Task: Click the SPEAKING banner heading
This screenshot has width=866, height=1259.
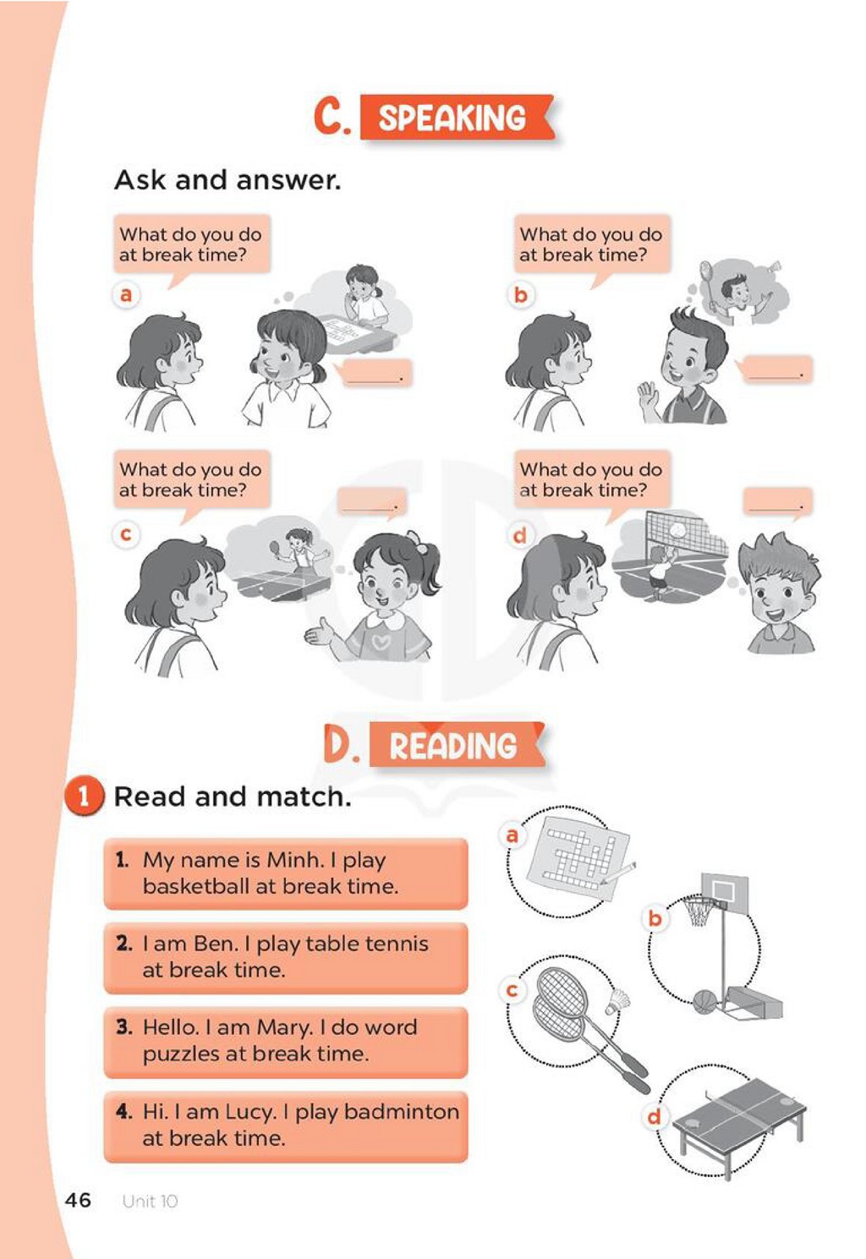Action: (x=457, y=117)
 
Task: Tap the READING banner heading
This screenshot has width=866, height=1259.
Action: (x=457, y=745)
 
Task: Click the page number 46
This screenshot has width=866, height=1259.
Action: (x=78, y=1200)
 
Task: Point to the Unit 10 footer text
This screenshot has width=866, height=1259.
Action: (x=150, y=1202)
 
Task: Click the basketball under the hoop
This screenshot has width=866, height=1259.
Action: (x=704, y=1002)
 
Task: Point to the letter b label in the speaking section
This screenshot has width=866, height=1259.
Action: (x=521, y=294)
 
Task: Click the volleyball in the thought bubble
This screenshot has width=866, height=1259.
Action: (x=679, y=530)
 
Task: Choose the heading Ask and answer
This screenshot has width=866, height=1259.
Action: (x=227, y=180)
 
